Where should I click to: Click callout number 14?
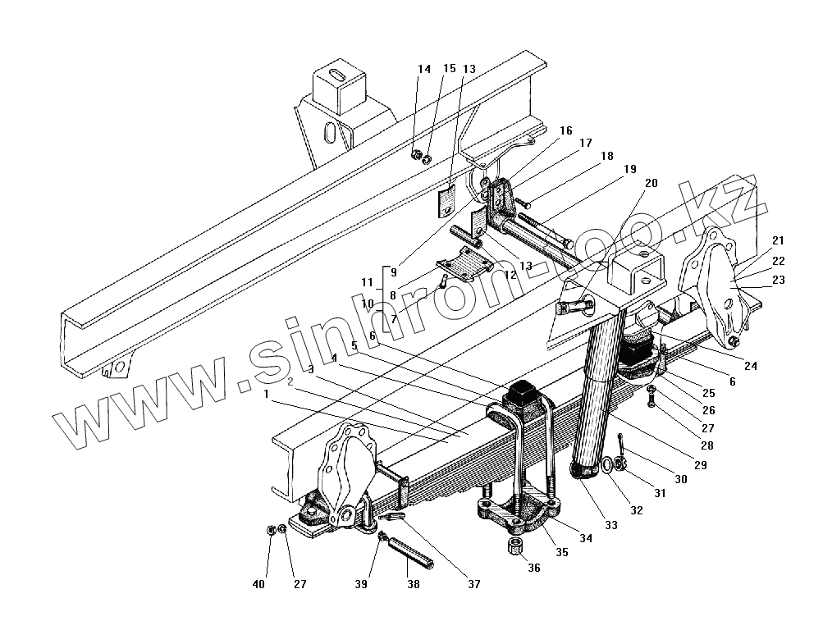click(x=423, y=71)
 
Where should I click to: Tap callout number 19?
click(x=629, y=169)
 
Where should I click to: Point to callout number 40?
click(x=259, y=585)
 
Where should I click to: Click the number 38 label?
click(x=412, y=585)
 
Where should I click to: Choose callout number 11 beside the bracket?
click(x=368, y=283)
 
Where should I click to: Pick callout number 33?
click(x=612, y=525)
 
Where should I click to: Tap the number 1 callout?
click(x=267, y=395)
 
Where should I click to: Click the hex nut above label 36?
click(x=517, y=545)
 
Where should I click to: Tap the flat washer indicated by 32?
click(x=606, y=465)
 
